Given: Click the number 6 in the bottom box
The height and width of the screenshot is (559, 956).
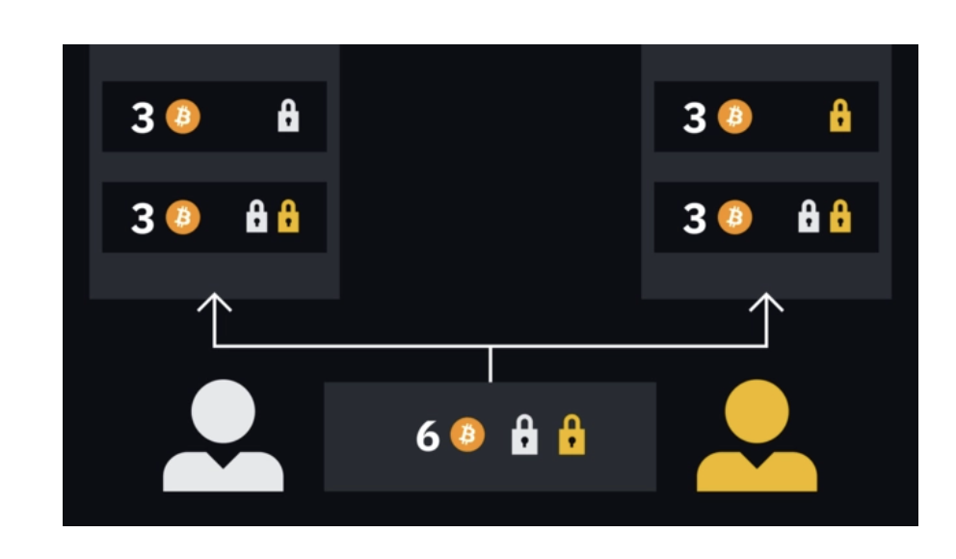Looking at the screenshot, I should pyautogui.click(x=427, y=437).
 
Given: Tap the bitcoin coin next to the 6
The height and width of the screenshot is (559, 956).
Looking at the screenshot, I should pyautogui.click(x=468, y=436).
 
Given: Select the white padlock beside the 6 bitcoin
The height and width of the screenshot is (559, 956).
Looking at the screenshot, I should pyautogui.click(x=523, y=436).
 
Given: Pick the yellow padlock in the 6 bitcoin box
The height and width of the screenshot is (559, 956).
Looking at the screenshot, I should pyautogui.click(x=571, y=436).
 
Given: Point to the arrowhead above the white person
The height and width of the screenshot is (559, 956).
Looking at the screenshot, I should pyautogui.click(x=214, y=305).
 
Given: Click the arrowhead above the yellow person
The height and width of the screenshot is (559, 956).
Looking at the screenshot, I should pyautogui.click(x=767, y=305).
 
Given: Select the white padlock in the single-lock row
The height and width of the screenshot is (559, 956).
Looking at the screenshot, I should pyautogui.click(x=288, y=117).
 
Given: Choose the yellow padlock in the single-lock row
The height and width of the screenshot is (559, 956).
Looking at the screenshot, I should pyautogui.click(x=840, y=117).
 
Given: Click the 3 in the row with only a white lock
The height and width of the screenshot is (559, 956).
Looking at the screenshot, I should pyautogui.click(x=143, y=118).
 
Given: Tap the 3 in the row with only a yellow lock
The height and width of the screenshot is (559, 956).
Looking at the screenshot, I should pyautogui.click(x=694, y=118).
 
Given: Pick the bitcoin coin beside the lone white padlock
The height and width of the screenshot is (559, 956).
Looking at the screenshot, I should pyautogui.click(x=183, y=118).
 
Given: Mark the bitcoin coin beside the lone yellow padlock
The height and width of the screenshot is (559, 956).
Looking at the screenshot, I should pyautogui.click(x=735, y=118).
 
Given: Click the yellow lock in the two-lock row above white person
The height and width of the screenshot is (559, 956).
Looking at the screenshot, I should pyautogui.click(x=288, y=218).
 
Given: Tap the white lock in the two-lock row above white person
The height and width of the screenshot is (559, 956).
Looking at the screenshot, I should pyautogui.click(x=256, y=218).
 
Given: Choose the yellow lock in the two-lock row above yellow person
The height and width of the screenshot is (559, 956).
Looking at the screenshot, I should pyautogui.click(x=840, y=218).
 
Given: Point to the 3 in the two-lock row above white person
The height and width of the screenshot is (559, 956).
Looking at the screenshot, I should pyautogui.click(x=143, y=219).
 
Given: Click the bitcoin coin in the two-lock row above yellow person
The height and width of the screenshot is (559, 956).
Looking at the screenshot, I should pyautogui.click(x=735, y=218).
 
